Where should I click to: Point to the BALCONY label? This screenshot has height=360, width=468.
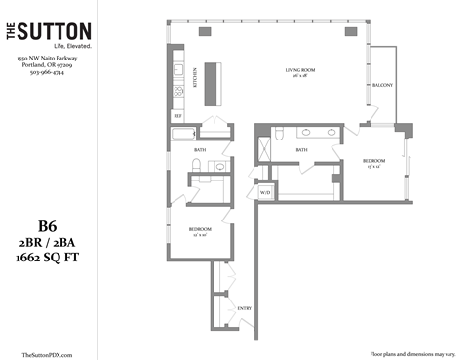click(x=382, y=85)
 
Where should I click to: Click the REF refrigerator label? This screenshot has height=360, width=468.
click(x=177, y=115)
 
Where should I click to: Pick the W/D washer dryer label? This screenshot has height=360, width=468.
click(x=264, y=191)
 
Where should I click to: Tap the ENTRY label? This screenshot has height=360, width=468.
click(x=245, y=308)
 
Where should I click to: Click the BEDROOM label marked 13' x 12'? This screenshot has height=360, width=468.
click(x=374, y=161)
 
